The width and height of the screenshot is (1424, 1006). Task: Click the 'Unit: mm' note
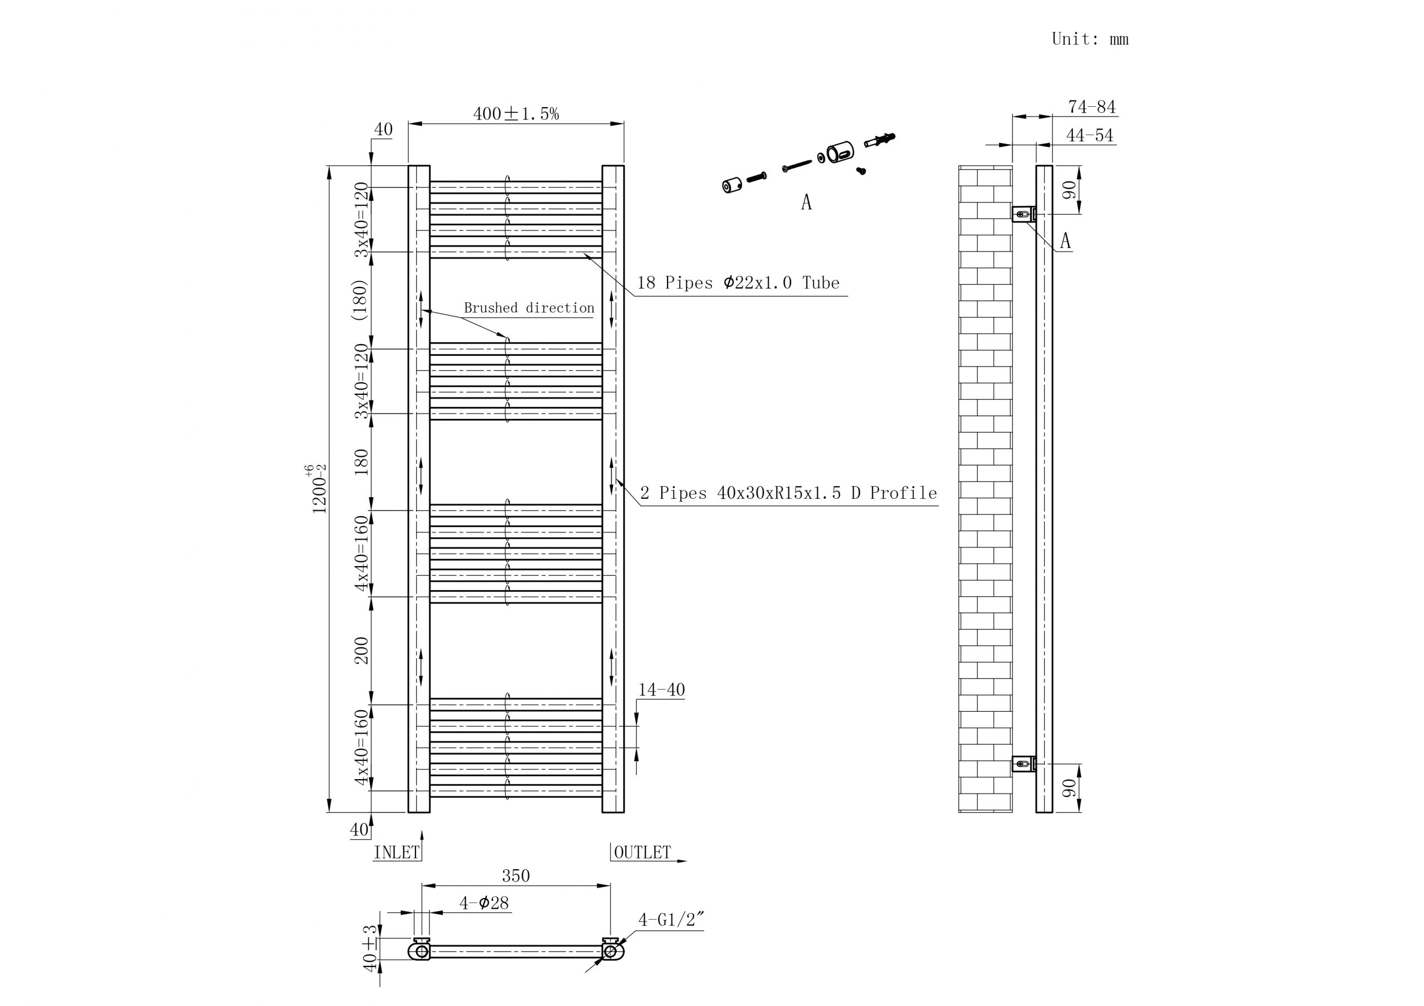coord(1090,39)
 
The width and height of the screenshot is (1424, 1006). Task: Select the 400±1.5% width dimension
coord(516,113)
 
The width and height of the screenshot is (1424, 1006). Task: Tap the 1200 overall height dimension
coord(318,489)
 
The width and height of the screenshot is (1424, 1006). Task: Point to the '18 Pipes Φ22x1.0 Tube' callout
coord(738,283)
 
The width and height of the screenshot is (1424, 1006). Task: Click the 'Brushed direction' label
coord(529,308)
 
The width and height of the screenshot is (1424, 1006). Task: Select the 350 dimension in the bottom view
coord(516,875)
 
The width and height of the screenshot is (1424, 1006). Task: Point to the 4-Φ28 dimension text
coord(484,903)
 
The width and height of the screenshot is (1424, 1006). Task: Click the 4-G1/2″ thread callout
coord(671,919)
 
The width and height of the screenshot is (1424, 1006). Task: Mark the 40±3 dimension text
coord(370,948)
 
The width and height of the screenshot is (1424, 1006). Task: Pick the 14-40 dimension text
coord(661,690)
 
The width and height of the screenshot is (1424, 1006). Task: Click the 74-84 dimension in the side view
coord(1091,107)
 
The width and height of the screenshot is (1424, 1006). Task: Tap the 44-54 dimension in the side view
coord(1089,135)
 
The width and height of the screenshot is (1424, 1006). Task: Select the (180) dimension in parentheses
coord(360,300)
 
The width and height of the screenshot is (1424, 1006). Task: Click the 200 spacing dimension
coord(361,650)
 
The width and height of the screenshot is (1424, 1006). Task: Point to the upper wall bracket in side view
coord(1023,214)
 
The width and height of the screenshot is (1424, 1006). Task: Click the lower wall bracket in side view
coord(1023,764)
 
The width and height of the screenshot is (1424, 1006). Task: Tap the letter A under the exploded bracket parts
coord(805,202)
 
